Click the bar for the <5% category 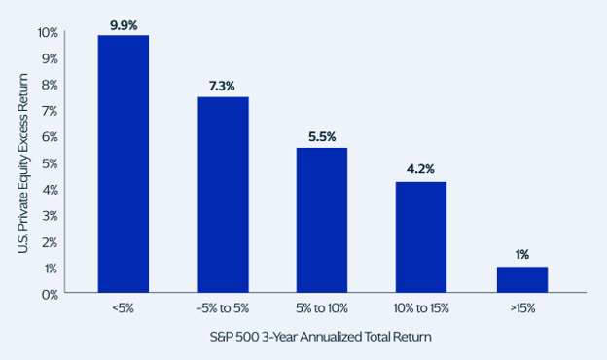coord(124,163)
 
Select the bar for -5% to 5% coord(224,195)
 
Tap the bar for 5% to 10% coord(322,220)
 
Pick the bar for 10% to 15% coord(421,237)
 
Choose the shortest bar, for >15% coord(522,279)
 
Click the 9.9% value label coord(124,25)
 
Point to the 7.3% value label coord(222,86)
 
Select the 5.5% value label coord(322,136)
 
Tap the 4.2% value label coord(420,169)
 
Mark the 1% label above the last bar coord(521,254)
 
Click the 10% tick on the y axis coord(48,32)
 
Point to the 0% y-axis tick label coord(50,295)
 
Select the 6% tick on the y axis coord(50,137)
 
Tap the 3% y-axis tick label coord(50,216)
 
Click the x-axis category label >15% coord(522,308)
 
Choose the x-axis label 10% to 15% coord(421,308)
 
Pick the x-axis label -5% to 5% coord(223,308)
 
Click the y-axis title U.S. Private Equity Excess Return coord(23,163)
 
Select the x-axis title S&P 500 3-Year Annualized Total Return coord(321,337)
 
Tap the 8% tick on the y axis coord(50,85)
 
